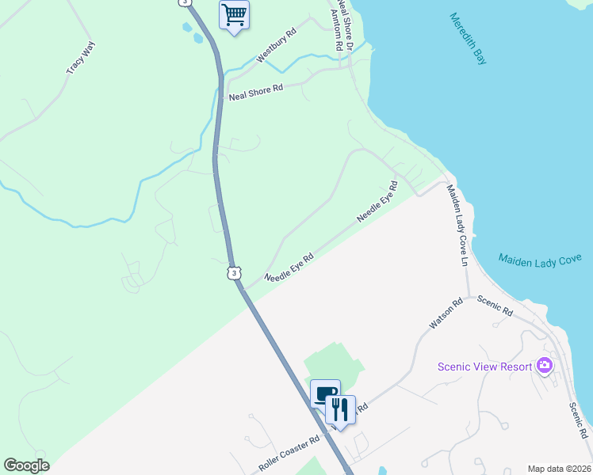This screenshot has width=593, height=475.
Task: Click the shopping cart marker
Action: [x=234, y=14]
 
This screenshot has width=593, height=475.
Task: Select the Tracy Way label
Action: [x=80, y=58]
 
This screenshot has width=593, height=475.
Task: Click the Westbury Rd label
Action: [x=276, y=47]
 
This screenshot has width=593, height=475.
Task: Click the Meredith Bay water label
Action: [x=466, y=38]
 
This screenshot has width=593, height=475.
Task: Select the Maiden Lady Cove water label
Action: [x=540, y=259]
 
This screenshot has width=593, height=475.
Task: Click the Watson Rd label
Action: [x=446, y=313]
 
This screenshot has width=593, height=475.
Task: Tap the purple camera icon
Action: [x=544, y=365]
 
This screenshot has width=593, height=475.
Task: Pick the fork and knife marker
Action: [x=341, y=408]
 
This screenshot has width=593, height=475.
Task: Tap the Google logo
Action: [x=26, y=465]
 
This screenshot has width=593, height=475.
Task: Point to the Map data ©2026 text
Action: [x=558, y=469]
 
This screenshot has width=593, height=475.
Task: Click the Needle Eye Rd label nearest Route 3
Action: [x=289, y=268]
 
